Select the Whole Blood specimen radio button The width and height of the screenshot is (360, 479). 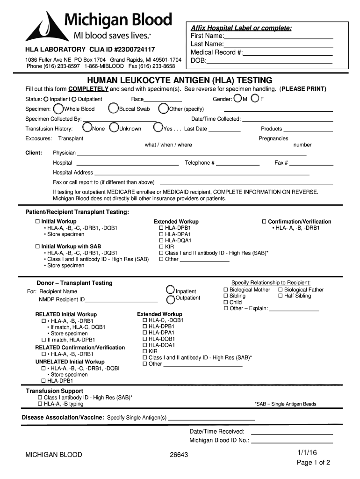(x=58, y=109)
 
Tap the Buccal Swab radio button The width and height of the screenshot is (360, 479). (x=113, y=109)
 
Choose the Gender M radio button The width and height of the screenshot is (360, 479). (x=238, y=98)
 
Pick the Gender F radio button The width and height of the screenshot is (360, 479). (x=255, y=98)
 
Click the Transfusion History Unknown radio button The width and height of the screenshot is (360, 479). (x=114, y=128)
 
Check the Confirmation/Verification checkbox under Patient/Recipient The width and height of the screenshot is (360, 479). (x=264, y=222)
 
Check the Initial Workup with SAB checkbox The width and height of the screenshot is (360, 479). (x=38, y=247)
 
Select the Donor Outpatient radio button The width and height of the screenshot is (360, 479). (x=171, y=298)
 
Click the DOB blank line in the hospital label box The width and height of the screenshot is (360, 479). (x=269, y=61)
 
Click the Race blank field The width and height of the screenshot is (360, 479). (x=162, y=99)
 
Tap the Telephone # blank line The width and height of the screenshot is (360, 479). (x=238, y=163)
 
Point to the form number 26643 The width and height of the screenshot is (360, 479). (x=180, y=455)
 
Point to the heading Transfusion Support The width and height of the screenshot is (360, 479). (x=54, y=391)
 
